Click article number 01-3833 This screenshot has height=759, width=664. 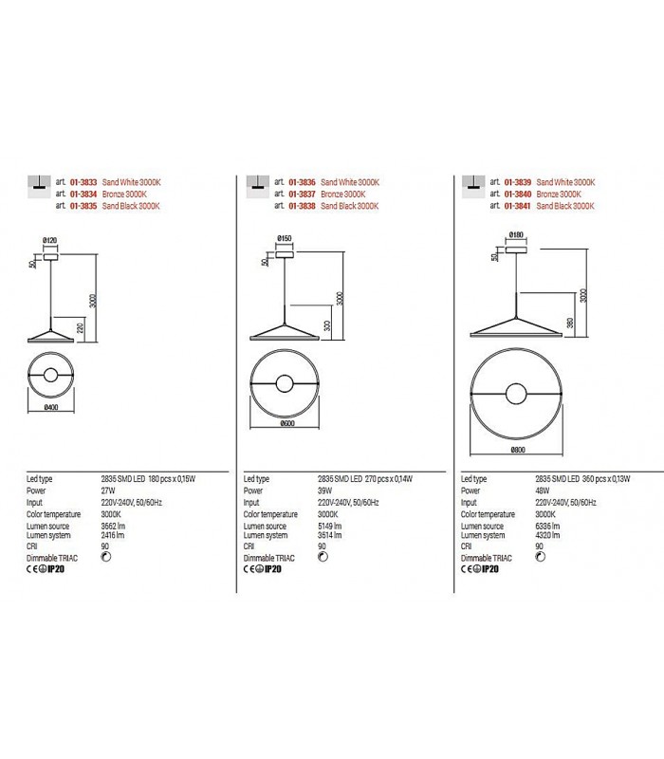click(x=84, y=182)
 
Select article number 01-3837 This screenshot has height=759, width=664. click(x=303, y=194)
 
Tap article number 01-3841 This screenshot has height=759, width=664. click(x=518, y=206)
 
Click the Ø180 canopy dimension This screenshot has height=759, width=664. click(x=517, y=233)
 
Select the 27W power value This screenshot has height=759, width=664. click(x=108, y=491)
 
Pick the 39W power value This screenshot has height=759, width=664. click(x=325, y=491)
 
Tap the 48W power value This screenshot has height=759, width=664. click(x=541, y=491)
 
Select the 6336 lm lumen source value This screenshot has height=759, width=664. click(x=548, y=526)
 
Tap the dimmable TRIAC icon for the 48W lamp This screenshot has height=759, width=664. click(x=542, y=558)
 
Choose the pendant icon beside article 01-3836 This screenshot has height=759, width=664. click(x=253, y=185)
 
